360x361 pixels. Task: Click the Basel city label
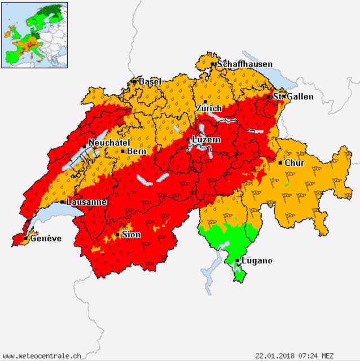click(x=150, y=82)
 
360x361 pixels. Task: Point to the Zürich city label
click(x=209, y=108)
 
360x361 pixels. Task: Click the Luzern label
click(x=207, y=139)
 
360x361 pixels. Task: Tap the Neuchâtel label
click(x=109, y=143)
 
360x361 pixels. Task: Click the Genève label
click(x=46, y=239)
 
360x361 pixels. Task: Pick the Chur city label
click(x=294, y=163)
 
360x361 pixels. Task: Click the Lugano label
click(x=257, y=261)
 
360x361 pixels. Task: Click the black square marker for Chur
click(x=280, y=163)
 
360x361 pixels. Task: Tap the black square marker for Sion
click(x=117, y=235)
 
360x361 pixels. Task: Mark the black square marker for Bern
click(x=123, y=151)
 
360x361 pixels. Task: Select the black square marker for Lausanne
click(x=62, y=201)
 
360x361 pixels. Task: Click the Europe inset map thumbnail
click(x=34, y=34)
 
